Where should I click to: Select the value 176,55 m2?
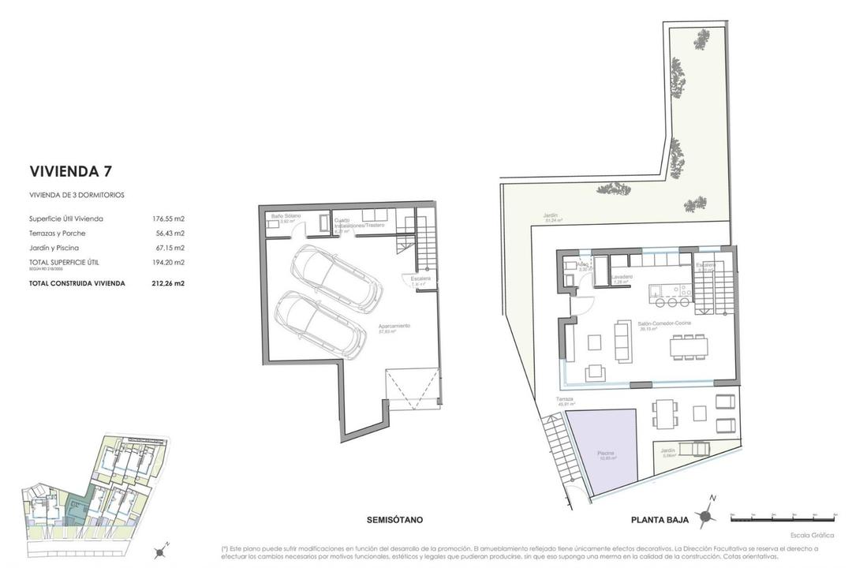pos(168,219)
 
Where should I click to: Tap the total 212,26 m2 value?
pos(168,282)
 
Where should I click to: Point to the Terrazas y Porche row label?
pos(58,234)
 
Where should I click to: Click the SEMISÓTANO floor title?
pos(394,520)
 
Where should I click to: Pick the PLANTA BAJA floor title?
pos(660,520)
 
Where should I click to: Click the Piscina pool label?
pos(606,454)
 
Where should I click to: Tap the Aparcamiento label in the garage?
pos(394,327)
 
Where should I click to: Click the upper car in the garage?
pos(336,278)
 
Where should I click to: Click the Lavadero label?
pos(621,277)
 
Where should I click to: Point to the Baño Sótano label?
pos(282,215)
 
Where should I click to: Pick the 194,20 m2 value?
pos(168,263)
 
